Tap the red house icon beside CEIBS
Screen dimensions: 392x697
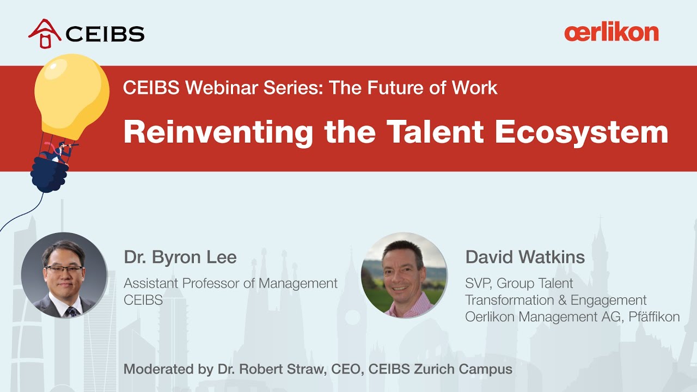coord(45,33)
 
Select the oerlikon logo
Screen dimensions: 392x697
coord(611,33)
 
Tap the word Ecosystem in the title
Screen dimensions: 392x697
coord(582,132)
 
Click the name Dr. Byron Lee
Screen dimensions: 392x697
coord(180,257)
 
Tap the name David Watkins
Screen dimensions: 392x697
coord(525,257)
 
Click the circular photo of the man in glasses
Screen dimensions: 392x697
coord(64,275)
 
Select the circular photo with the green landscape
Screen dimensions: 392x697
coord(403,275)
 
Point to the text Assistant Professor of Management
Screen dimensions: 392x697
coord(230,284)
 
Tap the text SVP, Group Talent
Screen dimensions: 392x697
coord(519,283)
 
